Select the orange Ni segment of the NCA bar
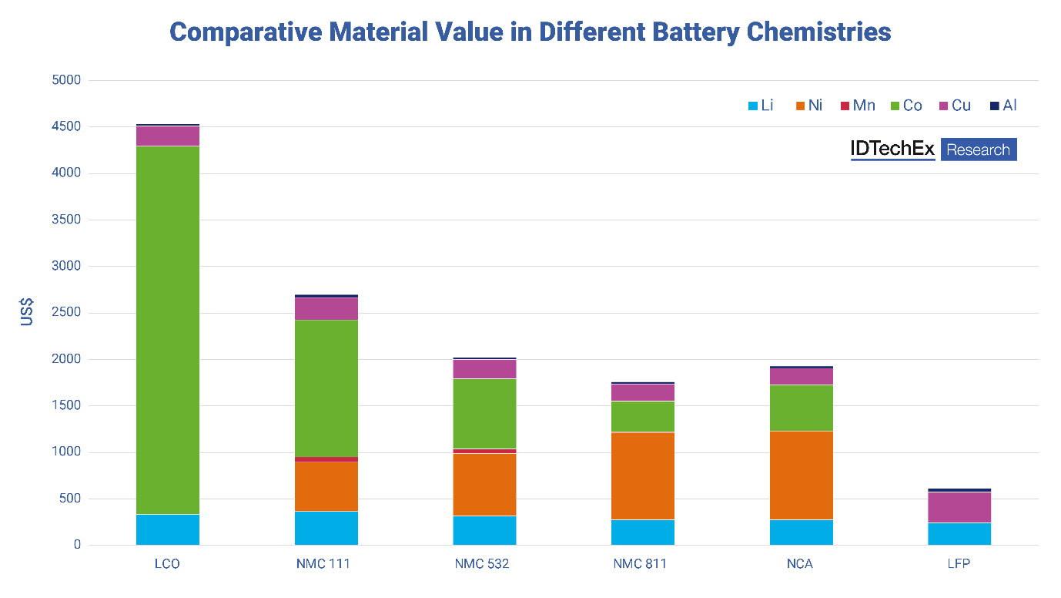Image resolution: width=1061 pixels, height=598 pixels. [x=801, y=475]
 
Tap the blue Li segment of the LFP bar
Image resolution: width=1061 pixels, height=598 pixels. [x=959, y=534]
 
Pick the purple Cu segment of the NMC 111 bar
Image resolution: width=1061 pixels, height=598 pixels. [x=326, y=309]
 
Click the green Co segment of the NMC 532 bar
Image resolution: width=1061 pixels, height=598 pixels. [x=484, y=414]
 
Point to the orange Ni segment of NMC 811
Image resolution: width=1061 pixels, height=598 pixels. [x=642, y=476]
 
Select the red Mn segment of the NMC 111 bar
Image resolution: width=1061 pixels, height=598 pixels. [x=326, y=459]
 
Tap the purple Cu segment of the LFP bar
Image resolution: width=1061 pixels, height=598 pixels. [x=959, y=507]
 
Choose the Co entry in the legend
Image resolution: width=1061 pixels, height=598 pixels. [x=905, y=106]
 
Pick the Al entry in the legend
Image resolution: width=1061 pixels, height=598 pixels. [x=1003, y=106]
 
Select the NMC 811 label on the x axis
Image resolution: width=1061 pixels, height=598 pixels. [x=640, y=564]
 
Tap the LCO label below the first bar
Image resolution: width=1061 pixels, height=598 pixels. [x=167, y=564]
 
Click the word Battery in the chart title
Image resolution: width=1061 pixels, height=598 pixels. [x=663, y=32]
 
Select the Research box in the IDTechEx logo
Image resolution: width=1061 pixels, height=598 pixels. [x=978, y=149]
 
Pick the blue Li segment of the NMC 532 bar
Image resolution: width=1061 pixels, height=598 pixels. [x=484, y=530]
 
